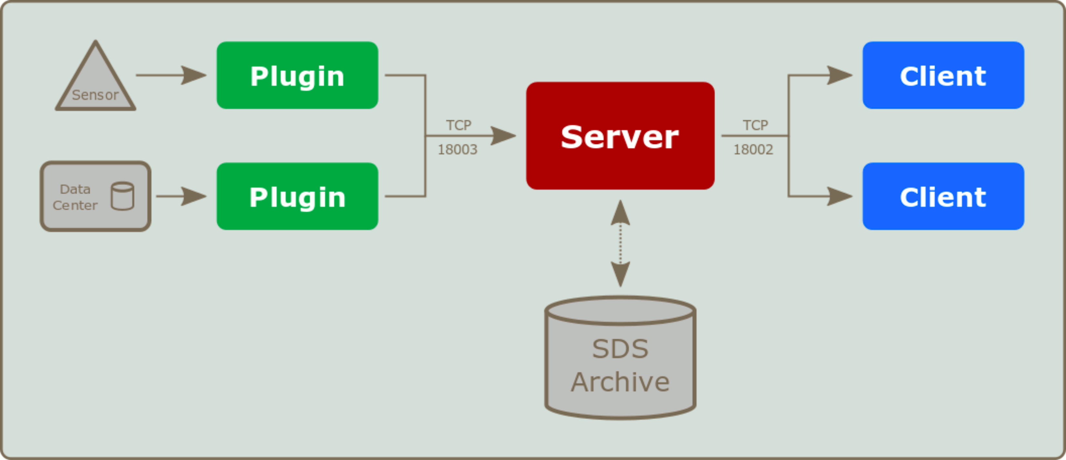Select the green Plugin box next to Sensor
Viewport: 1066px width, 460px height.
297,75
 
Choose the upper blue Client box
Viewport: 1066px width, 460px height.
943,75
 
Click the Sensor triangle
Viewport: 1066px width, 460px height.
95,83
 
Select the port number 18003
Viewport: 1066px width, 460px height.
457,150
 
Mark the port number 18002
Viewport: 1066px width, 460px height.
753,150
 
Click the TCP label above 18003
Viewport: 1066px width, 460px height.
458,125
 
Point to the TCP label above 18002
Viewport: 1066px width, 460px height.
755,125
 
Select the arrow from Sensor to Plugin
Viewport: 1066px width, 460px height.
171,75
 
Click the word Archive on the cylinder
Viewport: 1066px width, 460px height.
620,382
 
